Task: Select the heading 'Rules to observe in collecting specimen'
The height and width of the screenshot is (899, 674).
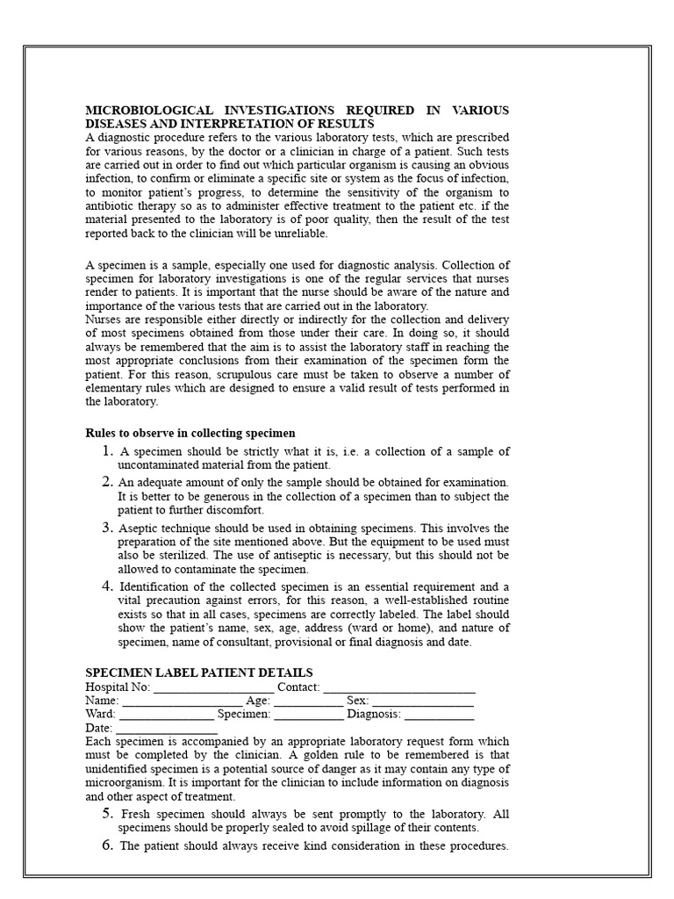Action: [x=190, y=433]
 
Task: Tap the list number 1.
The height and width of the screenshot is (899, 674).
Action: [x=107, y=451]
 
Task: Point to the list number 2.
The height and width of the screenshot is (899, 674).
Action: [x=107, y=482]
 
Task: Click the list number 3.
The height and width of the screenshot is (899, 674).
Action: [x=107, y=528]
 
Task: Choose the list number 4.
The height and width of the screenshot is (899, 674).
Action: [x=107, y=586]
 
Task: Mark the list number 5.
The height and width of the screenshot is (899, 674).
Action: [x=107, y=814]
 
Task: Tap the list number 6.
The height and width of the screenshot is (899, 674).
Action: [x=107, y=845]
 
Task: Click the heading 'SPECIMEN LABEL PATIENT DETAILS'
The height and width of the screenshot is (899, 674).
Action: [x=198, y=672]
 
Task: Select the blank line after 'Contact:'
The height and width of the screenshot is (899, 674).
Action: [x=399, y=687]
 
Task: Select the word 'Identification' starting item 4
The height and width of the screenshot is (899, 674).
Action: [x=158, y=587]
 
